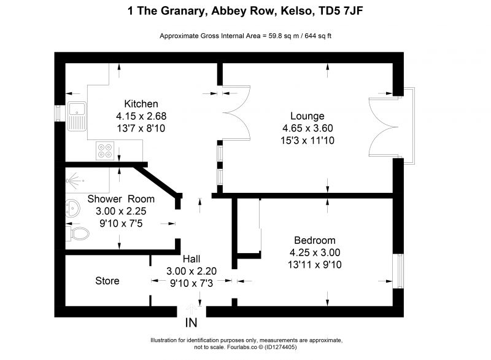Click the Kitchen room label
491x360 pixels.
(141, 104)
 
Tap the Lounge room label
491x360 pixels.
(307, 116)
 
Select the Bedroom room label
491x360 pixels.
(315, 240)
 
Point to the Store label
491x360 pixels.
(107, 281)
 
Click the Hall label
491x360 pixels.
(191, 259)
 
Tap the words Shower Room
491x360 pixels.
(121, 199)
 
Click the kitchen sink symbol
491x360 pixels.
(77, 116)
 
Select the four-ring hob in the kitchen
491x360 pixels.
(105, 151)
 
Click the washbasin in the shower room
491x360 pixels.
(72, 208)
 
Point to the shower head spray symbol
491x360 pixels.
(74, 181)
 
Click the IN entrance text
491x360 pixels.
(191, 323)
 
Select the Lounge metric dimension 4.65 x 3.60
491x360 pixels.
(307, 128)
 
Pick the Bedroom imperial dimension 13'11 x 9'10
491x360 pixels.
(315, 265)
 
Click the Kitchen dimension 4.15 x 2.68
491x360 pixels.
(141, 116)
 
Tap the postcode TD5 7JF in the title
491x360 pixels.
(341, 11)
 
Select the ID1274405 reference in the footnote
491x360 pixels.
(280, 347)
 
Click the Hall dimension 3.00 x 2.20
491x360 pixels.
(191, 271)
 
